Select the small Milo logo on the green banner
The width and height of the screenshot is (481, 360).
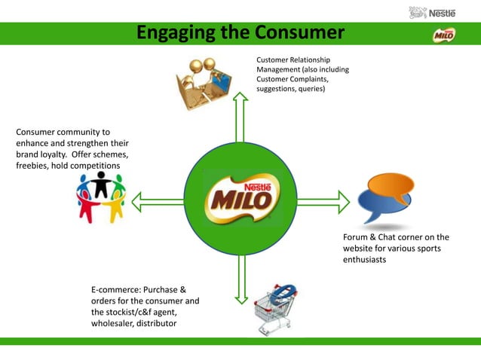[443, 35]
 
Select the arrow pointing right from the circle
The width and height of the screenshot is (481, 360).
[323, 202]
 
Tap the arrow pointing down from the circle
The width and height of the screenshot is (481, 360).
[240, 279]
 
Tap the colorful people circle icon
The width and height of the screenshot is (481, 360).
[100, 197]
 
